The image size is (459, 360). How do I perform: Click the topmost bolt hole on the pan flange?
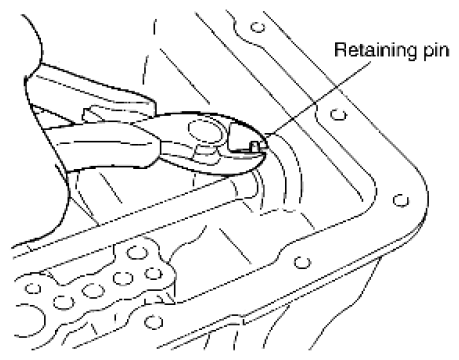[258, 27]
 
